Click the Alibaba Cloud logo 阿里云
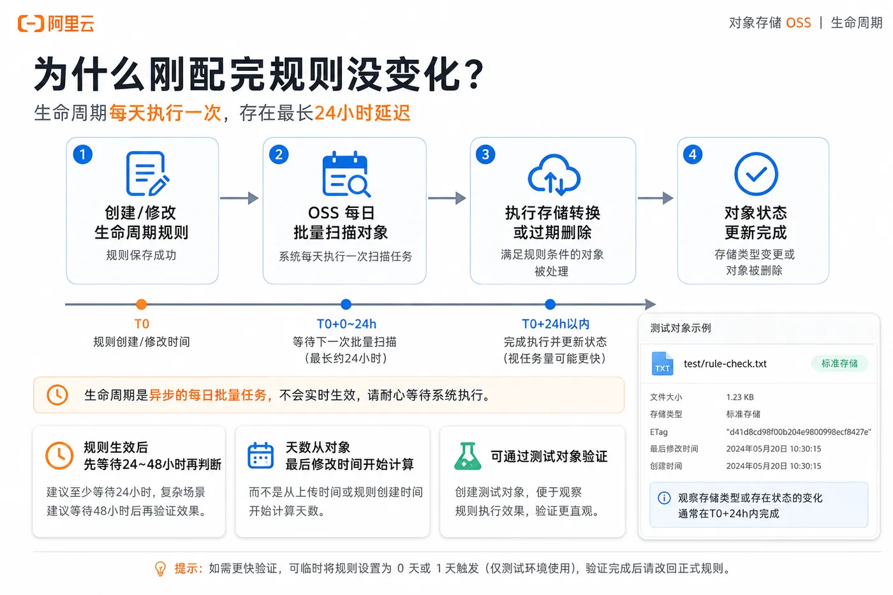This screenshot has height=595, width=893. point(56,24)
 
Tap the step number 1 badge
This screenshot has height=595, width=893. point(83,154)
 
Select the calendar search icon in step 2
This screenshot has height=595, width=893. point(346,174)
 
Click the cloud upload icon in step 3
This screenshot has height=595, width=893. point(554,175)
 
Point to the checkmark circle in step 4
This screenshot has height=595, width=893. point(756,173)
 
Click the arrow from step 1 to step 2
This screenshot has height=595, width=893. point(239,198)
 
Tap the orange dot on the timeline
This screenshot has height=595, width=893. point(141,304)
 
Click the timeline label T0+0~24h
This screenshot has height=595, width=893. point(346,324)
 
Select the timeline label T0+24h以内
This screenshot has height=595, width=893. point(556,324)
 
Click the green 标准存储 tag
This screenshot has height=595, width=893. point(839,364)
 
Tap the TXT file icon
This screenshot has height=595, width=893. point(662,364)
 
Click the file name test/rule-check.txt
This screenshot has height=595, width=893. point(725,364)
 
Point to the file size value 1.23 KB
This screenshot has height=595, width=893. point(740,397)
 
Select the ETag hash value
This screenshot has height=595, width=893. point(799,432)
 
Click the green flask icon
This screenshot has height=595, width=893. point(468,456)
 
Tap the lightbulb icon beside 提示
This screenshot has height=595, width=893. point(160,569)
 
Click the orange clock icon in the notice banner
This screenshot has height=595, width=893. point(57,395)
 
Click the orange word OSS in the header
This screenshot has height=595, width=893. point(799,23)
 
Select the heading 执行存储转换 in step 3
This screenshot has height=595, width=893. point(552,213)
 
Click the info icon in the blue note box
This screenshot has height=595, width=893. point(664,498)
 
